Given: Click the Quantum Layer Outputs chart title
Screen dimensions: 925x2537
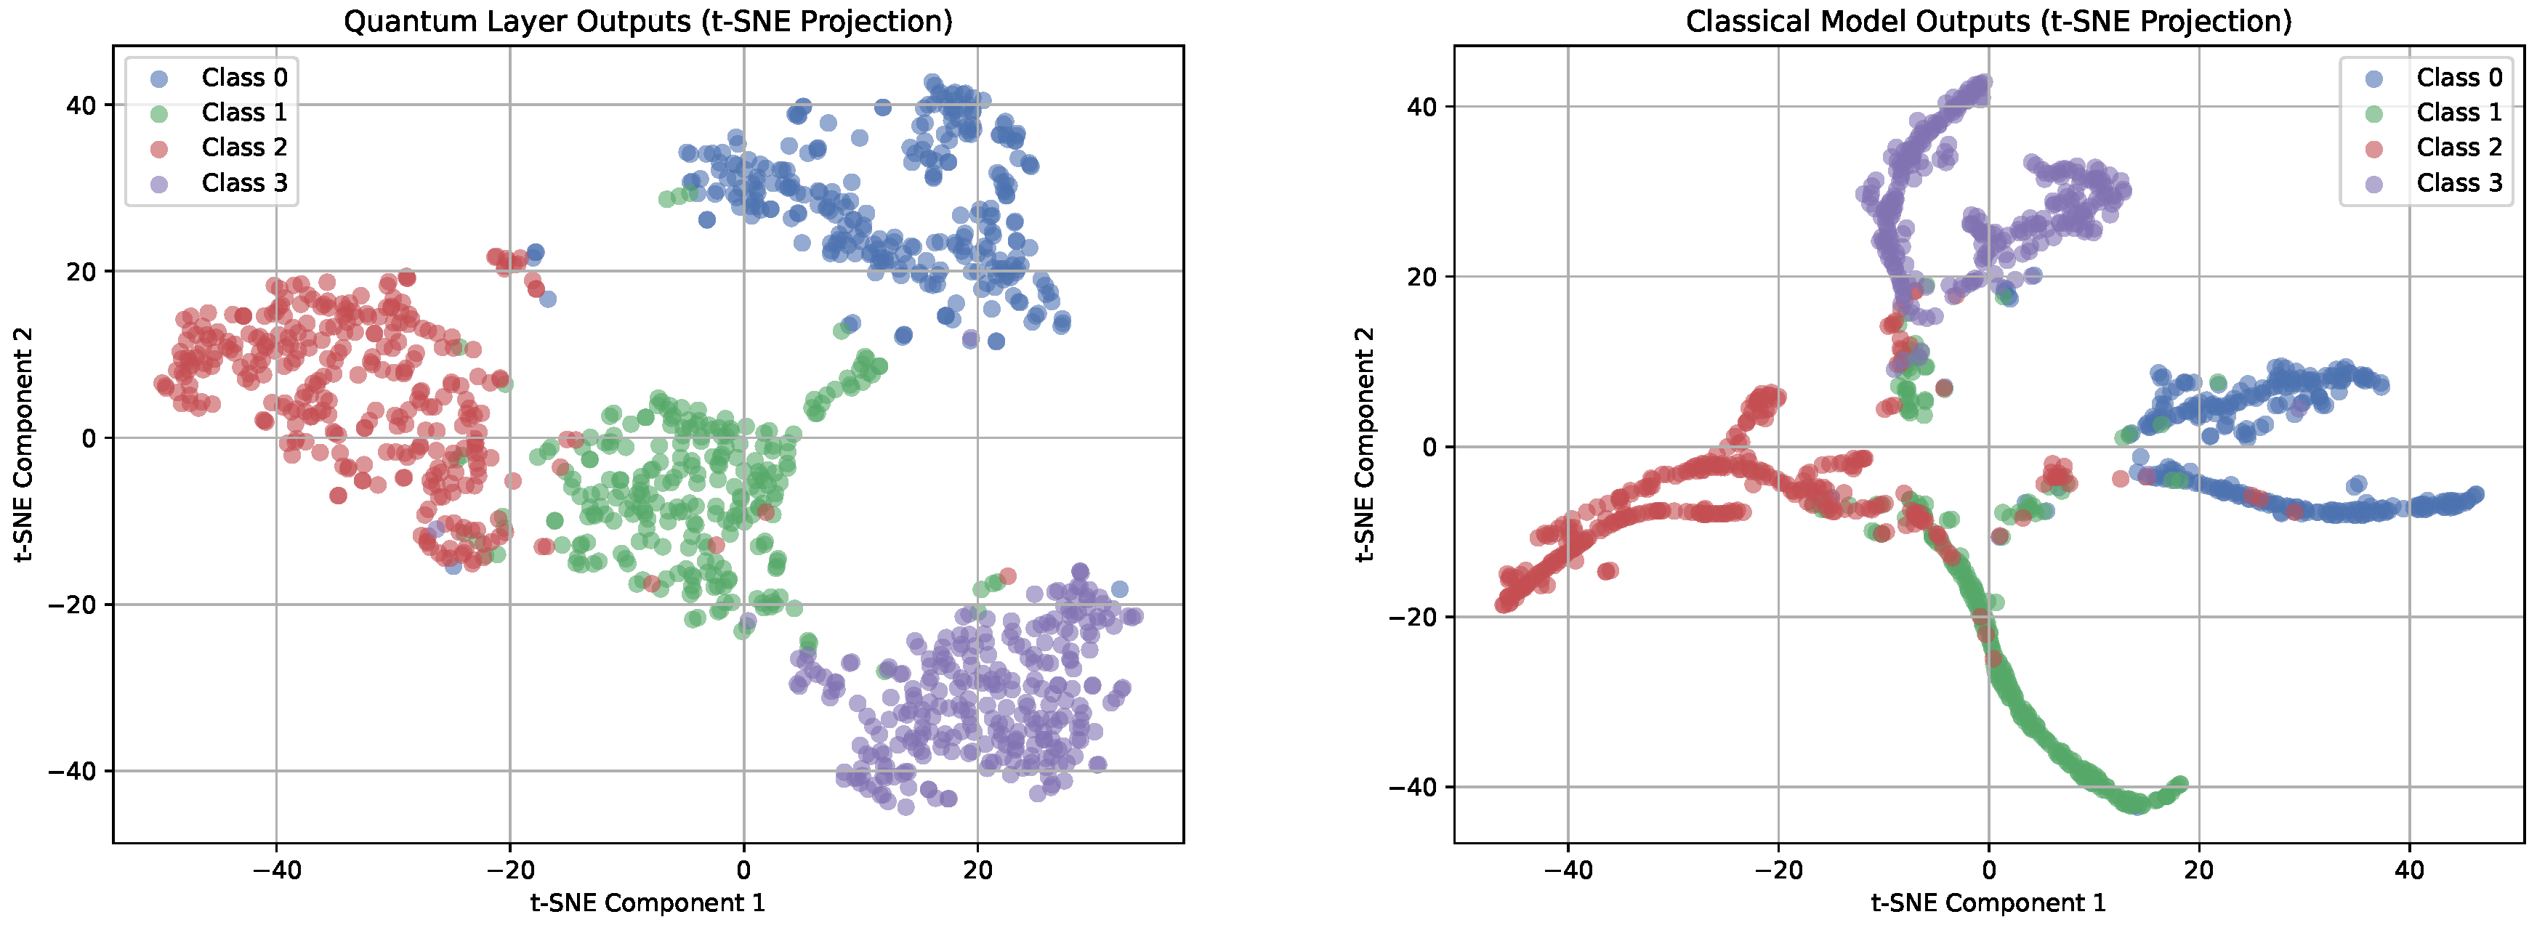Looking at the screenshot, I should [x=648, y=20].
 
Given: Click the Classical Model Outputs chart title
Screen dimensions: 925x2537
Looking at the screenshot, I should [x=1988, y=20].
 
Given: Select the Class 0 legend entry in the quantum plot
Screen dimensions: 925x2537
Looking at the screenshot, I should [x=243, y=78].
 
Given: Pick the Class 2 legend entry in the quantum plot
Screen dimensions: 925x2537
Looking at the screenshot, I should [x=243, y=148].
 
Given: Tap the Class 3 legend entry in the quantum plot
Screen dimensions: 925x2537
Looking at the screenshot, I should [x=243, y=183].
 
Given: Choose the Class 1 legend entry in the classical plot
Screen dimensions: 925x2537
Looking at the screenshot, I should [x=2459, y=113].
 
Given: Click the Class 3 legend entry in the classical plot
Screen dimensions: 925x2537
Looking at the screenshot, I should [x=2459, y=183].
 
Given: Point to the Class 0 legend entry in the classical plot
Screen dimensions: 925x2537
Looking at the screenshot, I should [x=2459, y=78].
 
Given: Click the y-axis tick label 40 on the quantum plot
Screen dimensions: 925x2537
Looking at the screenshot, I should [x=81, y=105].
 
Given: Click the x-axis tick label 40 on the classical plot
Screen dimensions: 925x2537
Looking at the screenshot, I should [x=2409, y=870].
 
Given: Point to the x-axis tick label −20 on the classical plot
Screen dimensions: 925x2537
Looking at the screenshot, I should [x=1778, y=870].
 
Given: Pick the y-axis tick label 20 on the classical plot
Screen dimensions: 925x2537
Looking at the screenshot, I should [x=1421, y=277].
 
